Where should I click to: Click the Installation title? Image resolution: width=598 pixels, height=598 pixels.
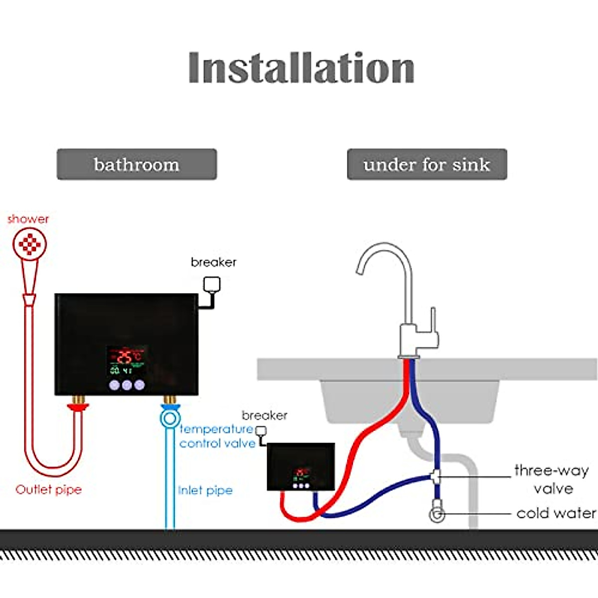pos(301,68)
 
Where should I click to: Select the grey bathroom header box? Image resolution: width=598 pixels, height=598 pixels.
pos(137,164)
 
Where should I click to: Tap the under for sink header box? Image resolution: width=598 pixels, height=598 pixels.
pos(427,164)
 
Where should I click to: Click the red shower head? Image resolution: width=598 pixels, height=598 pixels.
pos(30,244)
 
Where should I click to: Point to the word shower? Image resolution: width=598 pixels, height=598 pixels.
pos(28,219)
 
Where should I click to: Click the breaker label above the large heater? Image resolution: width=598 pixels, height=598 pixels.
pos(213,262)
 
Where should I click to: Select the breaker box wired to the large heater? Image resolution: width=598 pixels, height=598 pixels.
pos(212,285)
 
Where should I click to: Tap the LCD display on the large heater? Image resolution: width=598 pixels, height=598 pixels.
pos(127,361)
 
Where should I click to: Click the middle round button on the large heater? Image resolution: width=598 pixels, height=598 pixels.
pos(127,385)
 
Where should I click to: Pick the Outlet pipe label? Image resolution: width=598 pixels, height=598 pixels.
pos(48,489)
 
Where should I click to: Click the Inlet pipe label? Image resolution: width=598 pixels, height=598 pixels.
pos(205,490)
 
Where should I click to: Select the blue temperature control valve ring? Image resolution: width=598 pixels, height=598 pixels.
pos(170,418)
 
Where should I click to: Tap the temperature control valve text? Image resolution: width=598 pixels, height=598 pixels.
pos(217,436)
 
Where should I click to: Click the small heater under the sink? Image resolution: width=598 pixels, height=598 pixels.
pos(300,466)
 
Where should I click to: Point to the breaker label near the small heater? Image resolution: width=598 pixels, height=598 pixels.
pos(264,415)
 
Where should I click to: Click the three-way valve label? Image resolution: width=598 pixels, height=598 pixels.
pos(552,479)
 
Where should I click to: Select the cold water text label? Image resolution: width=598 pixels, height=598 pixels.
pos(556,513)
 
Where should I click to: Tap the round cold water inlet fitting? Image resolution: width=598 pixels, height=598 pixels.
pos(437,515)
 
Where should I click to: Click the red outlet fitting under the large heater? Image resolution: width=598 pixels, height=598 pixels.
pos(78,407)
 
